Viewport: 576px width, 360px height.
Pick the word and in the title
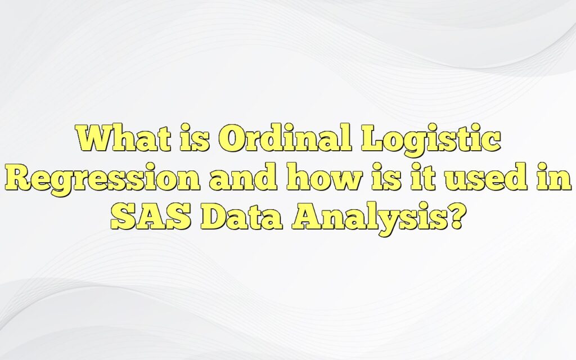[240, 179]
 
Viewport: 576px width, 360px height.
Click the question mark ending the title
[453, 217]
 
